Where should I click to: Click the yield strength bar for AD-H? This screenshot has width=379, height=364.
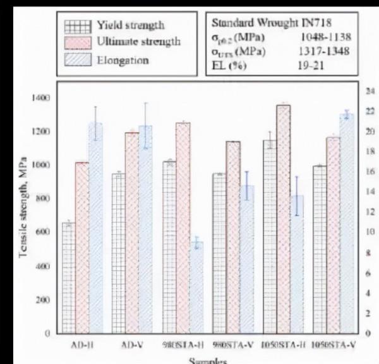pos(69,278)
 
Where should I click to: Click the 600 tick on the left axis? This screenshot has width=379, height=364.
pos(42,233)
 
